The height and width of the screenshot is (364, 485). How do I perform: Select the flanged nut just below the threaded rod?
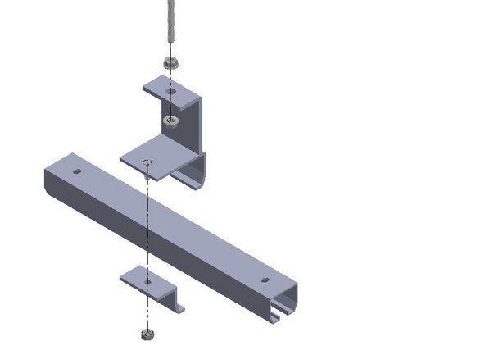pyautogui.click(x=171, y=63)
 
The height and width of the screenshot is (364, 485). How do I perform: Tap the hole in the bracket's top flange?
pyautogui.click(x=171, y=92)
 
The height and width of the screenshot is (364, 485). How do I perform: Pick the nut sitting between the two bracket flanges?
pyautogui.click(x=171, y=121)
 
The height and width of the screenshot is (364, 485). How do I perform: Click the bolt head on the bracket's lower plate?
pyautogui.click(x=147, y=163)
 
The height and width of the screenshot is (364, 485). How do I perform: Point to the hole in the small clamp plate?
pyautogui.click(x=147, y=281)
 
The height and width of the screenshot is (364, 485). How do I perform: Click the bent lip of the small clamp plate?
pyautogui.click(x=175, y=305)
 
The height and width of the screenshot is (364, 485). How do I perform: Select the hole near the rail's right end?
pyautogui.click(x=265, y=280)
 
